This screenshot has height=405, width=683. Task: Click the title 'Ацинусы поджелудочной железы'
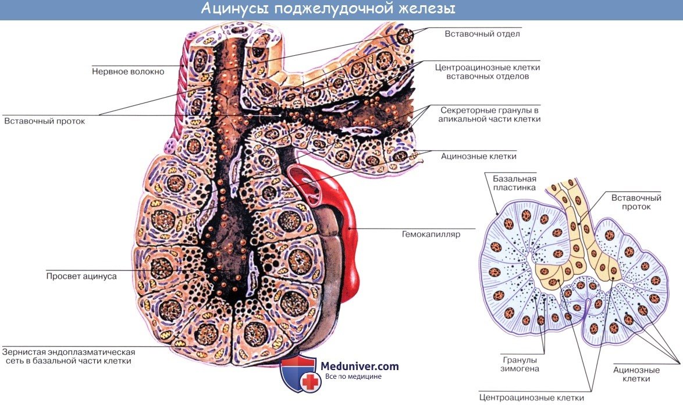click(x=328, y=9)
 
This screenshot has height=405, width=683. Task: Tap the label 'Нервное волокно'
click(x=128, y=72)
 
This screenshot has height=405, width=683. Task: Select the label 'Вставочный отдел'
click(x=482, y=34)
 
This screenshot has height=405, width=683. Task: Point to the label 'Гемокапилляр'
click(x=431, y=235)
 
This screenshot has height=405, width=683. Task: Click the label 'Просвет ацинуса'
click(x=81, y=276)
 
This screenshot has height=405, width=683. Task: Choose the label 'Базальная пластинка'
click(x=514, y=183)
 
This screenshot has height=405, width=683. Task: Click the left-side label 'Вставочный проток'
click(x=45, y=122)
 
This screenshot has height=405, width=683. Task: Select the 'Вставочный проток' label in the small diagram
click(x=631, y=202)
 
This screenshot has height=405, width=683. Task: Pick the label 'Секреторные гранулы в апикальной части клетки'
click(x=490, y=114)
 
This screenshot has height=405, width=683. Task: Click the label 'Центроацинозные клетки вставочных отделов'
click(x=488, y=72)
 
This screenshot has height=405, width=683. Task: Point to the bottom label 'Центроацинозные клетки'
click(x=531, y=398)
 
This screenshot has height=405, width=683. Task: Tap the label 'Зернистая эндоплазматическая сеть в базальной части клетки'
click(x=69, y=356)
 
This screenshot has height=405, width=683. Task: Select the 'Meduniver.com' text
click(x=360, y=365)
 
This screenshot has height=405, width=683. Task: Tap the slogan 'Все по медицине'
click(x=353, y=377)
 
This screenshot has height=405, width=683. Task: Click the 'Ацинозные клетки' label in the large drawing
click(x=478, y=156)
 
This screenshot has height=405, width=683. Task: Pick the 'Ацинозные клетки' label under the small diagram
click(x=636, y=374)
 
